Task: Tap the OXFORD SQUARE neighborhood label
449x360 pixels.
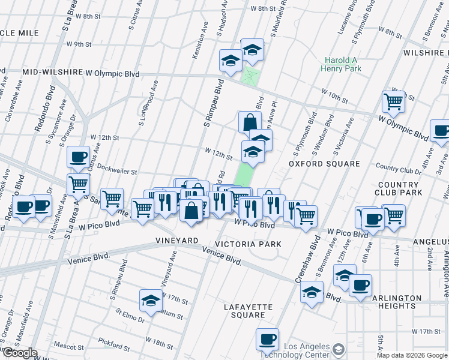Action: (x=324, y=163)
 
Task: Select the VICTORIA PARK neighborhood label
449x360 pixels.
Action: (x=248, y=245)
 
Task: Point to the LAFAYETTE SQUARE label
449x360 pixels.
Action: (x=248, y=311)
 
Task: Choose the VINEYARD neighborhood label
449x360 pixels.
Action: (x=177, y=240)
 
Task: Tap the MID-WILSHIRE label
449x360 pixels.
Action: (x=52, y=73)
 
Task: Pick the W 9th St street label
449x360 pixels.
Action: (x=79, y=44)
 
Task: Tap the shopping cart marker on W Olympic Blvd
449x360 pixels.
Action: (x=393, y=101)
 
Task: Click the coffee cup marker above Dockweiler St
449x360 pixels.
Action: (x=77, y=157)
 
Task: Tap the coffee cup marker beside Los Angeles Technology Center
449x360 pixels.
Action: (x=267, y=339)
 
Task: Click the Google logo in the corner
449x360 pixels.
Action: (x=19, y=353)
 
